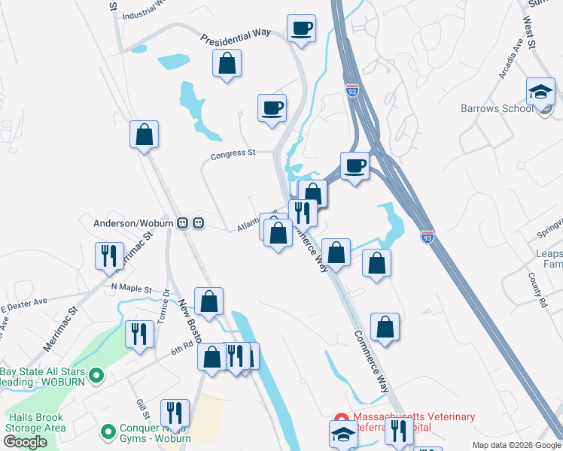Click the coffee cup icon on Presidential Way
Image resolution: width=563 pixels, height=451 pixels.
pyautogui.click(x=300, y=29)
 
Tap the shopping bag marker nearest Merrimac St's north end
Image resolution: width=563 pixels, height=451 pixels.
pyautogui.click(x=144, y=135)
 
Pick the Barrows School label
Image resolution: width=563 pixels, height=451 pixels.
pyautogui.click(x=497, y=108)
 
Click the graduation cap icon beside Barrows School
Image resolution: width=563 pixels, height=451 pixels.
pyautogui.click(x=540, y=92)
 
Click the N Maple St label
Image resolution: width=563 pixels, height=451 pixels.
pyautogui.click(x=131, y=288)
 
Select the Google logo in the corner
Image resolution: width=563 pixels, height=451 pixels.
pyautogui.click(x=25, y=442)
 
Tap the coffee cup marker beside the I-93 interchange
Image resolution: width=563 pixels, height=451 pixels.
pyautogui.click(x=354, y=165)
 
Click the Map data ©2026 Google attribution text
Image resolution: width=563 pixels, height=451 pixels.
pyautogui.click(x=516, y=445)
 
